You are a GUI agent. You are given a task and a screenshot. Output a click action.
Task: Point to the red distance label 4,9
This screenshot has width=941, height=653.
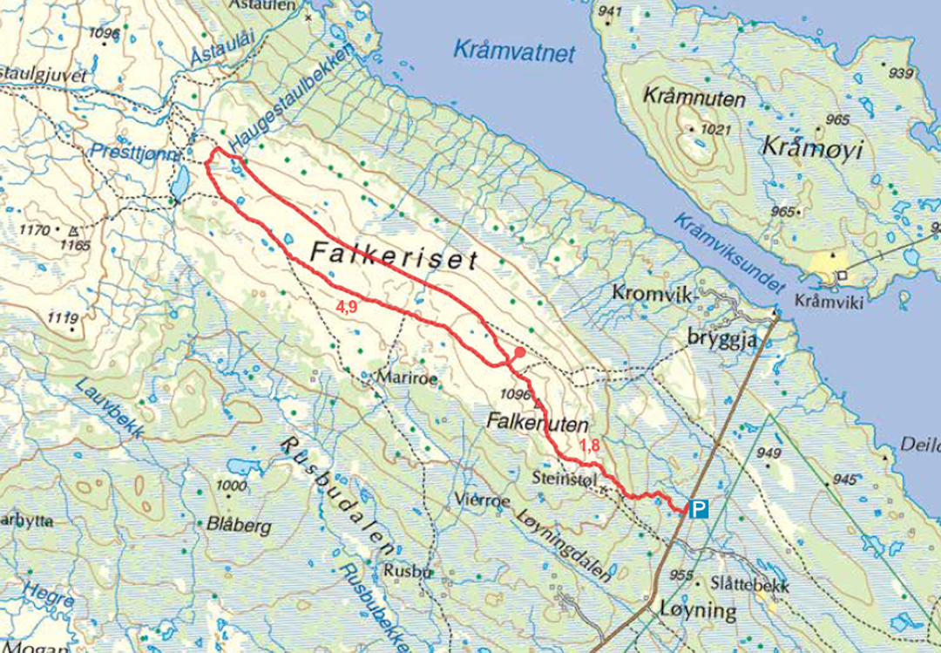[346, 306]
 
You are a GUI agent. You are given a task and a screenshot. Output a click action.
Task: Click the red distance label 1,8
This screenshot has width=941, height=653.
[589, 446]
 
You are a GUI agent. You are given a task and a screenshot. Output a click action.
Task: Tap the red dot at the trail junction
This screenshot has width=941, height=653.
[518, 352]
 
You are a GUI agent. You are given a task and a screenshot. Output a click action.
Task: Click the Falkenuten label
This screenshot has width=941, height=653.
[539, 424]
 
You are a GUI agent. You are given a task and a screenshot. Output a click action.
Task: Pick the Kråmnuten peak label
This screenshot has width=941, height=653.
[694, 99]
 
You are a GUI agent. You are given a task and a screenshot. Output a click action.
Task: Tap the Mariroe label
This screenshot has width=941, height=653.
[403, 378]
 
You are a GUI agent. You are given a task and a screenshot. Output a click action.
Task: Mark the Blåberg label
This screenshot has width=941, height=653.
[240, 527]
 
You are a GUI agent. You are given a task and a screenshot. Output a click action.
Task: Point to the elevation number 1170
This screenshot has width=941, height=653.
[35, 231]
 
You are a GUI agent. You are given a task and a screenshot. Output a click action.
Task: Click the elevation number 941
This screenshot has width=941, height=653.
[611, 11]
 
